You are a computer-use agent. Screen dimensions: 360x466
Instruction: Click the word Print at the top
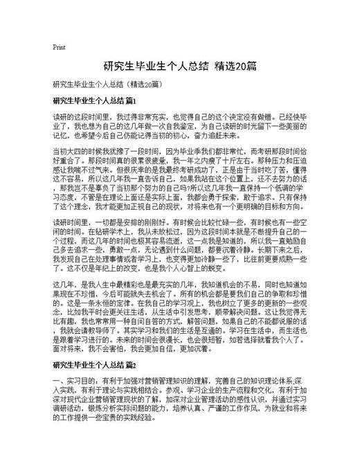(x=59, y=47)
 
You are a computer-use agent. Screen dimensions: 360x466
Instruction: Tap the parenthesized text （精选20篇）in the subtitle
(x=138, y=84)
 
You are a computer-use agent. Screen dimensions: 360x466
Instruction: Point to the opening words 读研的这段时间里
(x=83, y=118)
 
